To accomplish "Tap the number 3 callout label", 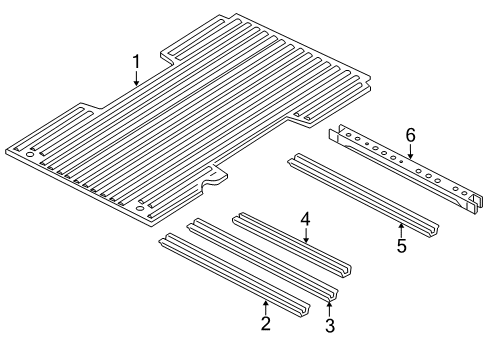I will click(x=330, y=326).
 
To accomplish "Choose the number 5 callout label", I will click(x=400, y=244).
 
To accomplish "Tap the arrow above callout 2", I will click(x=265, y=303).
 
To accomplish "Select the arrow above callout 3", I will click(x=330, y=305).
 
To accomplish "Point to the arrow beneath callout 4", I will click(x=306, y=235).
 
